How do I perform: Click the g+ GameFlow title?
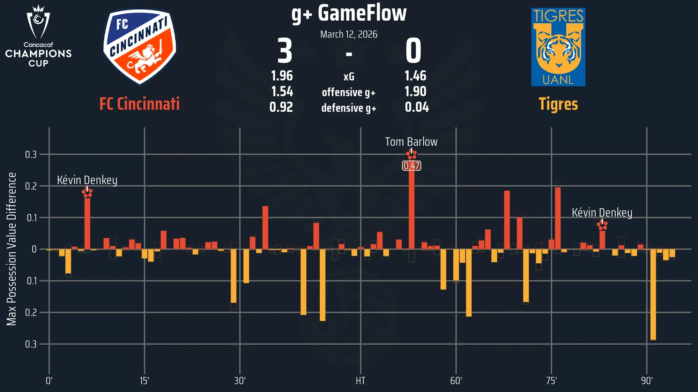point(349,14)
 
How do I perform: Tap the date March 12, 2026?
point(349,34)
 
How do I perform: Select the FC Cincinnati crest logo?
point(140,47)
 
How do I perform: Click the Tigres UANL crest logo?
point(558,47)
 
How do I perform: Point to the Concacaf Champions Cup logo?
point(38,36)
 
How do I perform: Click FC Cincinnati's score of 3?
point(284,51)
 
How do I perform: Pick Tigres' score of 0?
point(414,51)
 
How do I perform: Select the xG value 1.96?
point(282,76)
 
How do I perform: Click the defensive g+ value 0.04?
point(417,107)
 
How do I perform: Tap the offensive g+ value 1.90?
point(415,91)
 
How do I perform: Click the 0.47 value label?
point(411,166)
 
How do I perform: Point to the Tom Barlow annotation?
point(411,142)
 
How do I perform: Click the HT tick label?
point(361,381)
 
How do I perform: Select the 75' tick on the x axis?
point(551,381)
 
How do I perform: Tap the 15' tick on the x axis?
point(144,381)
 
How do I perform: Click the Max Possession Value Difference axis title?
point(12,249)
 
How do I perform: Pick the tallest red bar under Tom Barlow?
point(411,209)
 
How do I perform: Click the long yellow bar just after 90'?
point(653,294)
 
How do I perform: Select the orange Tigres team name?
point(558,104)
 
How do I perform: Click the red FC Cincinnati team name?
point(140,104)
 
